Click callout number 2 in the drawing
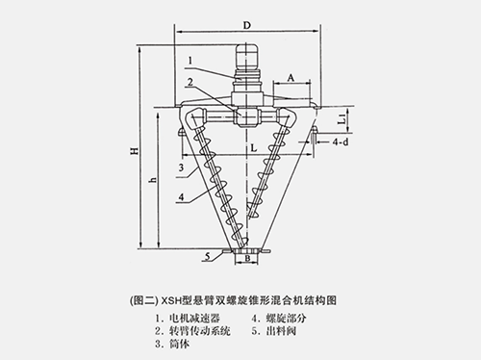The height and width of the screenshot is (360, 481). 190,82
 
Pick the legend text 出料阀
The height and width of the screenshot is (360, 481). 287,330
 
